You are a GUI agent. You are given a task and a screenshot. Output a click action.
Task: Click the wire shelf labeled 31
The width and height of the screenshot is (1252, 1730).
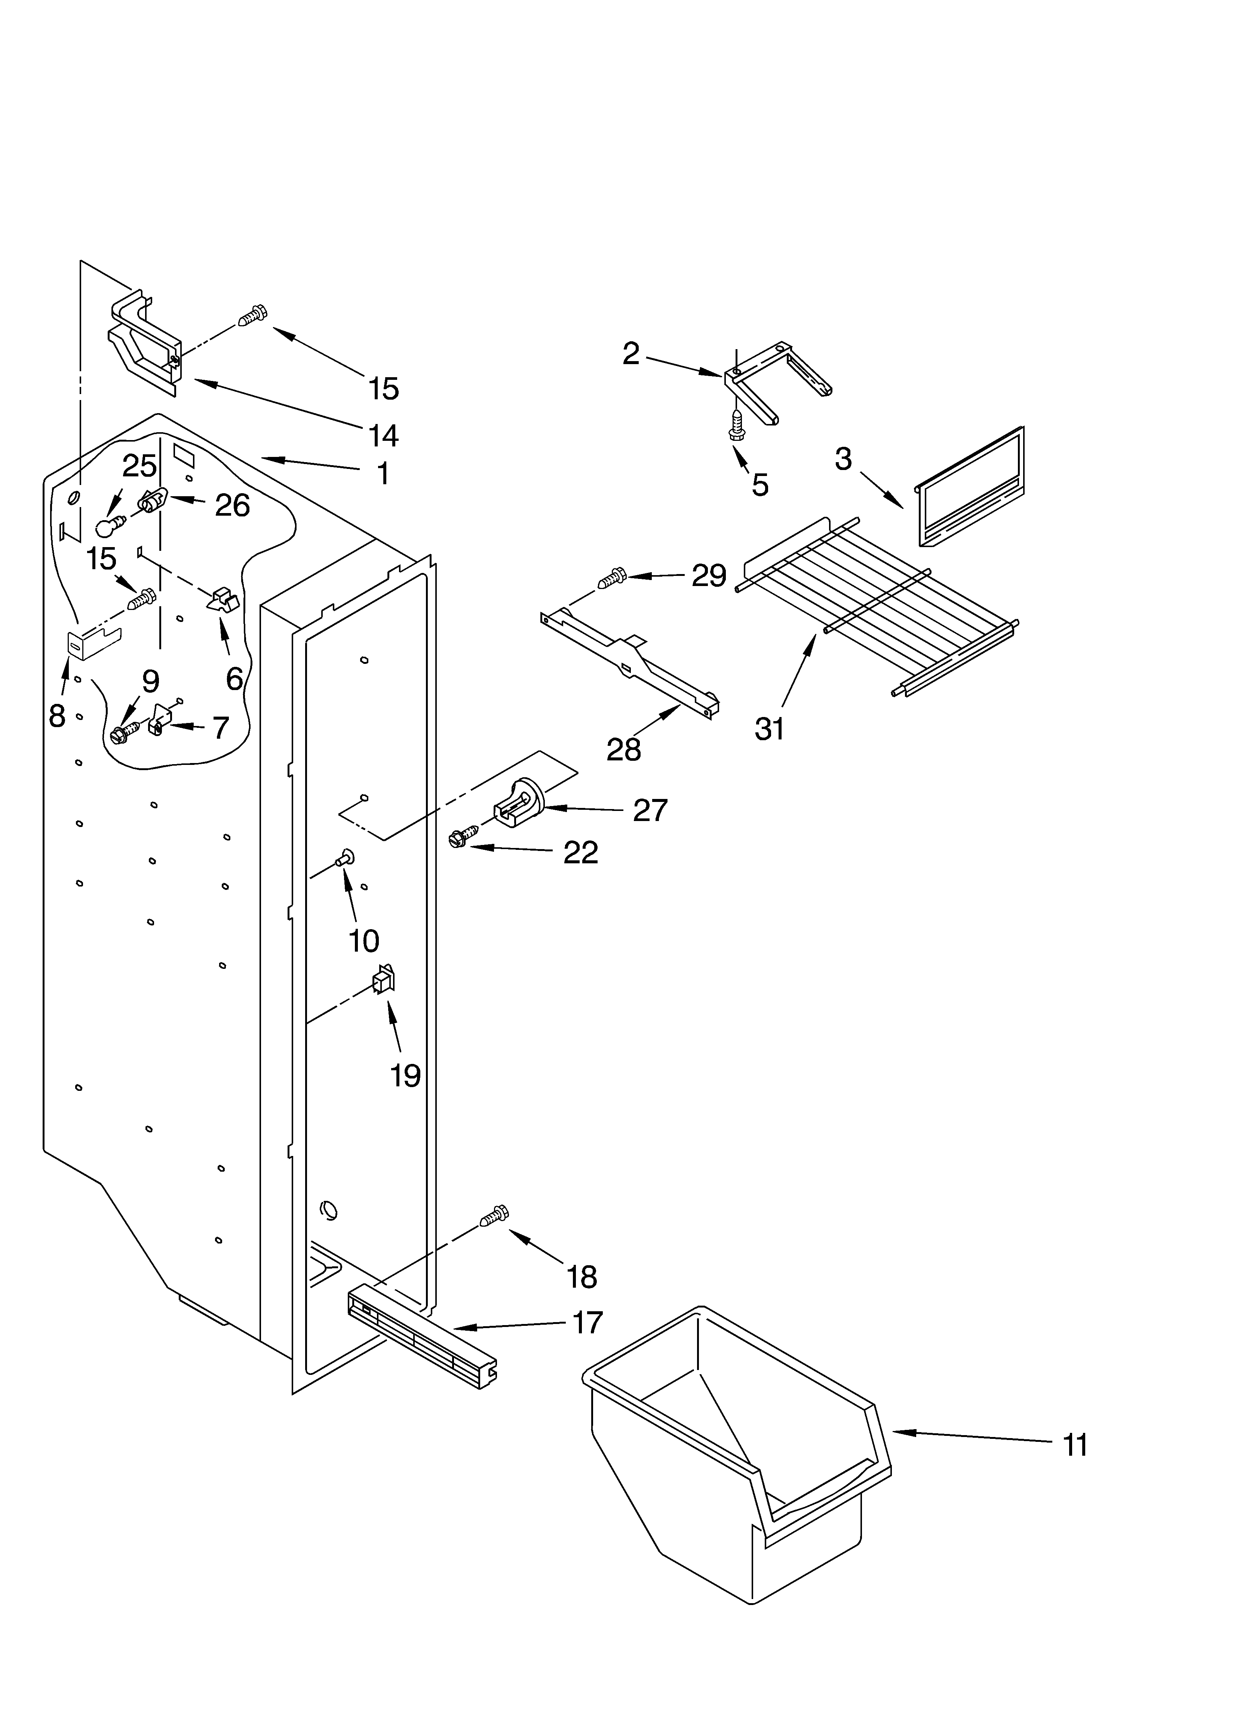click(877, 602)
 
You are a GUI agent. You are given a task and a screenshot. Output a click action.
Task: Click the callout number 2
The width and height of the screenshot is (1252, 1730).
click(630, 354)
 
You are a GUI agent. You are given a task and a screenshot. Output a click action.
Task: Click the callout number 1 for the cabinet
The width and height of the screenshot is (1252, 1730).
click(384, 474)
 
